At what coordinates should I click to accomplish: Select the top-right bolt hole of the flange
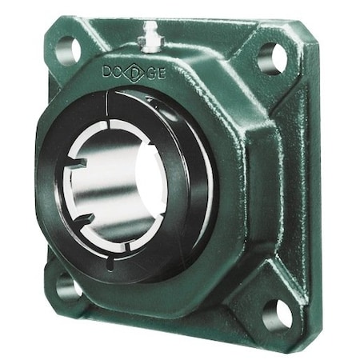272,58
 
